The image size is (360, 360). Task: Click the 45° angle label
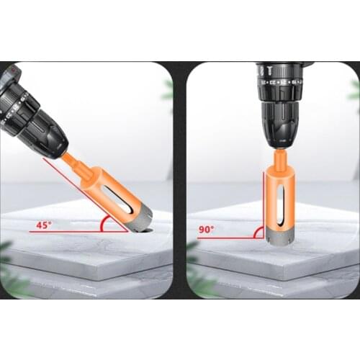(x=44, y=225)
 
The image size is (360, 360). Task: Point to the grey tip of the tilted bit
(x=140, y=220)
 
